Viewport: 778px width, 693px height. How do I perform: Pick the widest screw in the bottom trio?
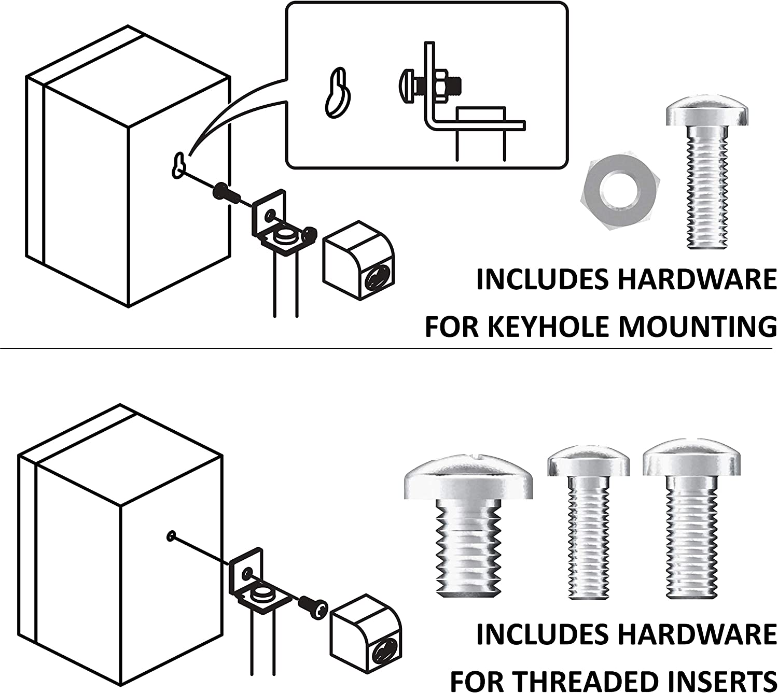click(x=468, y=526)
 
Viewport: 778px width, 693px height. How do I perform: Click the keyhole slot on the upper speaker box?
click(x=178, y=165)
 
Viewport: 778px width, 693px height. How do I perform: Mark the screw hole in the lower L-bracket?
click(x=248, y=573)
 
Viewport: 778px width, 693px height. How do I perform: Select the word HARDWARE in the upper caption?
click(x=697, y=280)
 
